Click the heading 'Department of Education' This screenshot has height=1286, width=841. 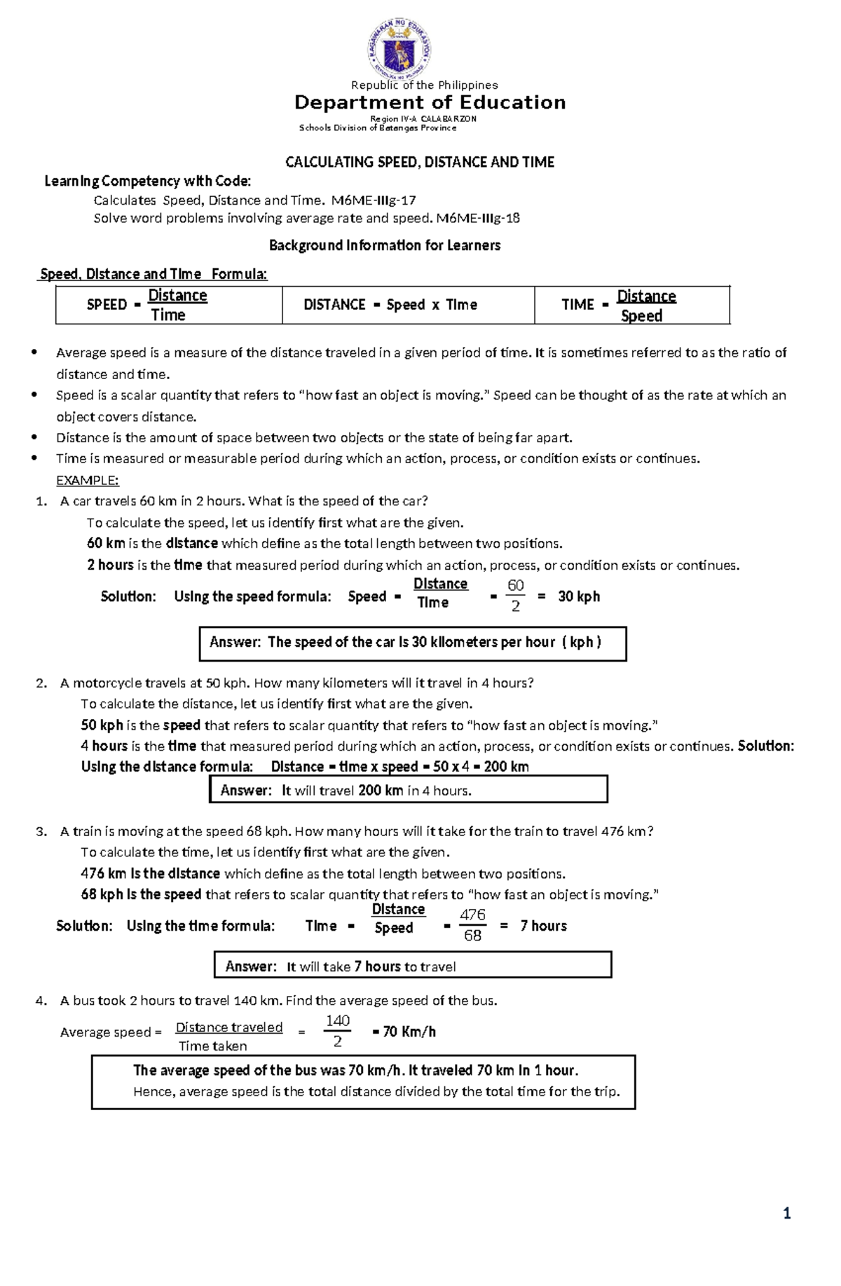click(x=430, y=103)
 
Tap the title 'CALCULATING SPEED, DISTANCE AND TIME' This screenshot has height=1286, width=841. click(x=419, y=163)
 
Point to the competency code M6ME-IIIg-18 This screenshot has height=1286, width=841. click(x=478, y=218)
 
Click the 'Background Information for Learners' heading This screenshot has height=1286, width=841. click(x=385, y=245)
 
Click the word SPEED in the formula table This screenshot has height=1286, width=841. click(x=107, y=305)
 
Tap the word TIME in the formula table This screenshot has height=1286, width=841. click(x=577, y=305)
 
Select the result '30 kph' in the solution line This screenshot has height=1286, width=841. click(x=579, y=596)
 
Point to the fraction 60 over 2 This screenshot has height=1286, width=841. click(x=515, y=596)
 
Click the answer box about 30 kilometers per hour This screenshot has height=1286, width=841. click(x=412, y=643)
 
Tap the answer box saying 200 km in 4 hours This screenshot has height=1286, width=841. click(x=408, y=790)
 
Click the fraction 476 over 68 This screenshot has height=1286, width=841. click(x=472, y=925)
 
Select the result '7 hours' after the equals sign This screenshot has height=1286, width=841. click(x=543, y=926)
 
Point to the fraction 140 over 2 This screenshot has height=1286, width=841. click(x=337, y=1031)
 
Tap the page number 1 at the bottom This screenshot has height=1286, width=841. click(x=787, y=1214)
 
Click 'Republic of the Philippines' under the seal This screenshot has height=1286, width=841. click(x=424, y=85)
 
